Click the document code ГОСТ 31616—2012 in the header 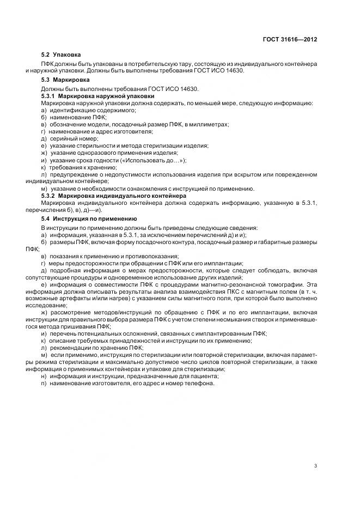tap(290, 40)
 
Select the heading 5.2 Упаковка tap(61, 55)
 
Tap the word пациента tap(205, 376)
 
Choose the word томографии tap(285, 283)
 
